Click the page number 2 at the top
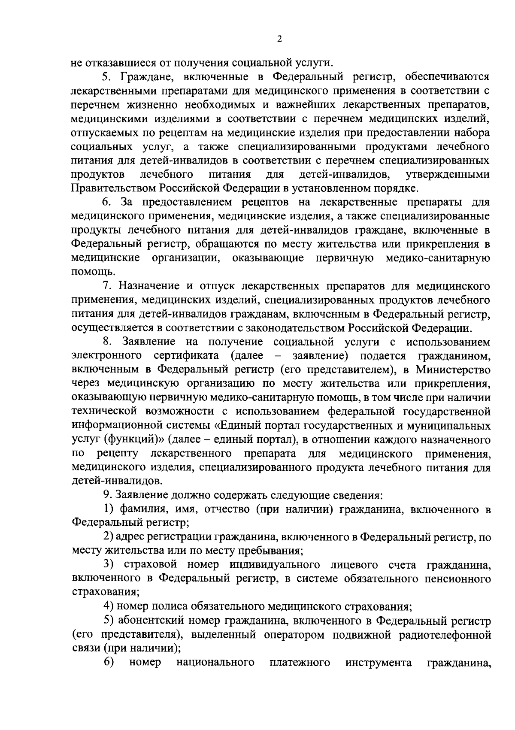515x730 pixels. (x=279, y=39)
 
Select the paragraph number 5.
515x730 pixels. (x=106, y=77)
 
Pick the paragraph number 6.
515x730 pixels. (x=106, y=202)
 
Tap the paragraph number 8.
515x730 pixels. (x=106, y=342)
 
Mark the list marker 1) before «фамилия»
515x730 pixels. (x=109, y=509)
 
